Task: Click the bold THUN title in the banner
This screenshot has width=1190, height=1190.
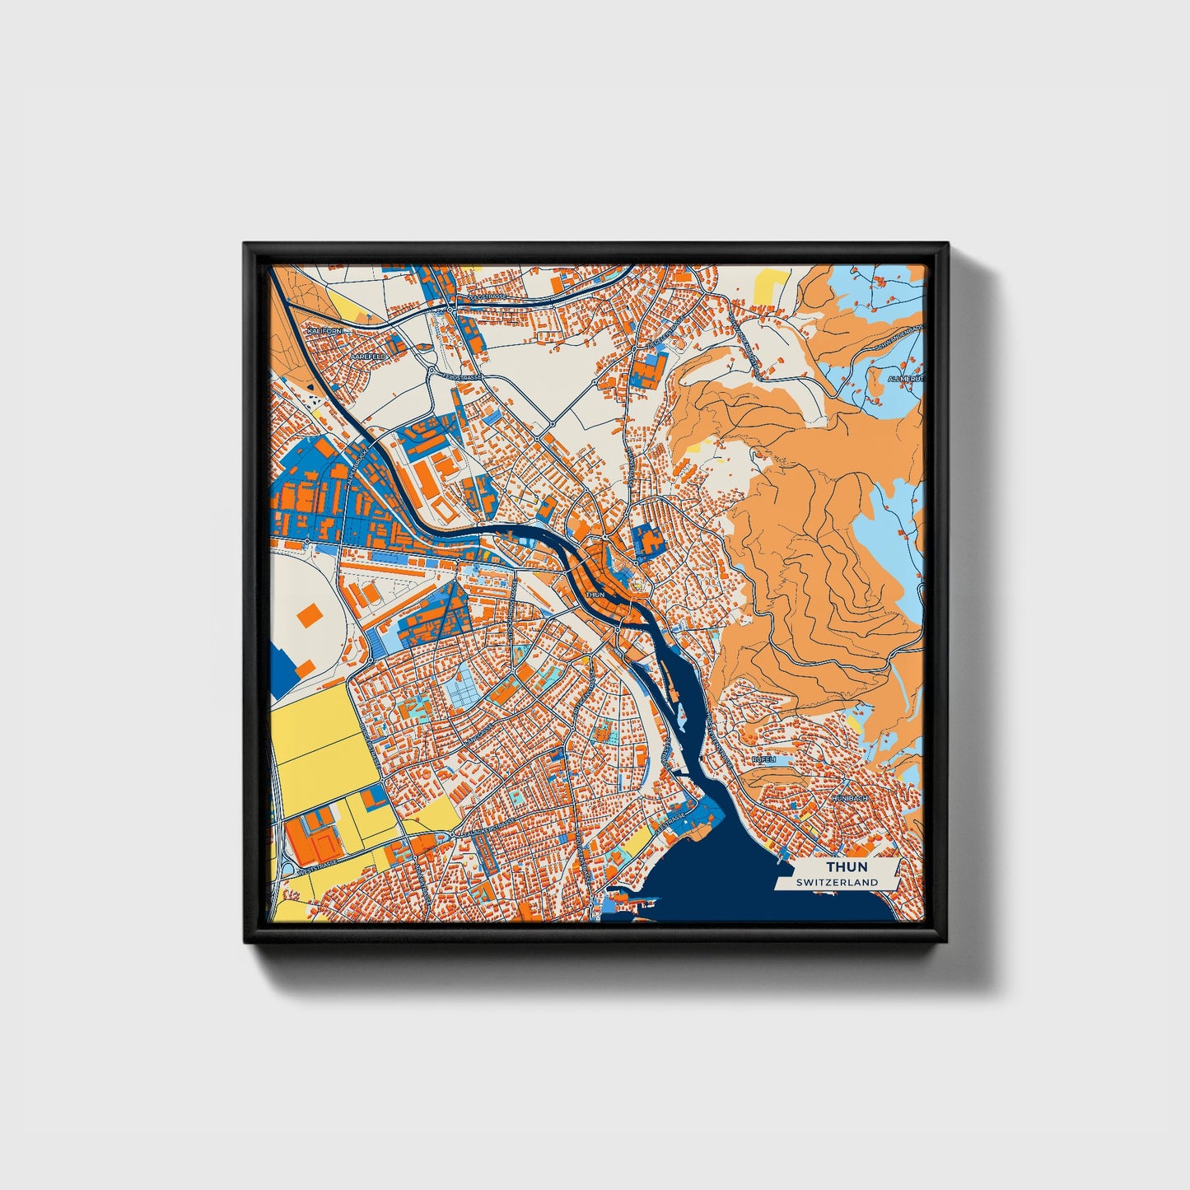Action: click(x=847, y=867)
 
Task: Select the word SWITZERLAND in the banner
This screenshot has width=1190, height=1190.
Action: click(x=837, y=882)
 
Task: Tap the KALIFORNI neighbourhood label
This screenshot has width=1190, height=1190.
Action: click(x=323, y=330)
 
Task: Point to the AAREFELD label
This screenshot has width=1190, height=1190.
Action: click(x=367, y=356)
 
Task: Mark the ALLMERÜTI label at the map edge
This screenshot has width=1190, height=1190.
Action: click(x=906, y=379)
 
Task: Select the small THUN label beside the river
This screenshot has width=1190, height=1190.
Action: click(x=595, y=593)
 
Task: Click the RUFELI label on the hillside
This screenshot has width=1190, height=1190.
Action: click(x=763, y=759)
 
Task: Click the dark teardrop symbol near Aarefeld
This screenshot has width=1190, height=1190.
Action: click(x=310, y=386)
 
